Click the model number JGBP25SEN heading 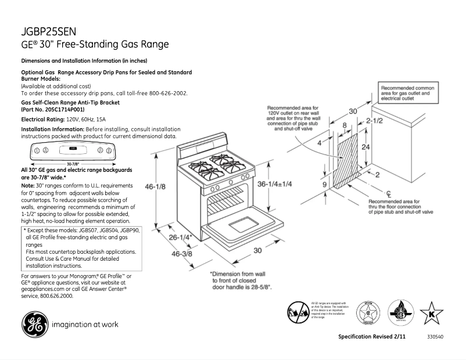click(49, 32)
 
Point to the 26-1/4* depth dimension click(181, 237)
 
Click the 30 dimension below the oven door click(257, 250)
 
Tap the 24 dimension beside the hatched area click(365, 147)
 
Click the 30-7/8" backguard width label click(73, 164)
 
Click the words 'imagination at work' click(85, 325)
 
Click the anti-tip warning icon click(297, 313)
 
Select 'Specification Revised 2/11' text click(372, 337)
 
